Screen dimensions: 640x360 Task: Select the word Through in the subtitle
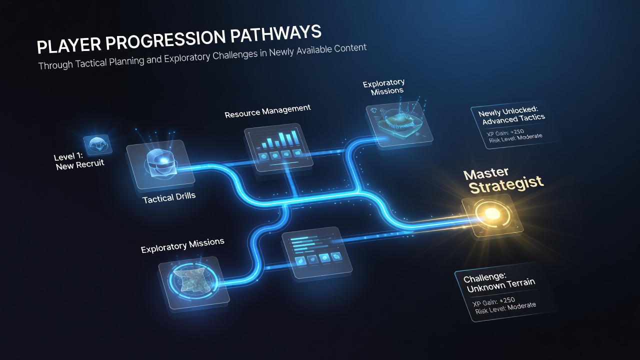(x=56, y=65)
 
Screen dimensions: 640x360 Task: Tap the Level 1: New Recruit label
(x=79, y=161)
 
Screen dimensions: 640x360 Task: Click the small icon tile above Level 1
(x=97, y=145)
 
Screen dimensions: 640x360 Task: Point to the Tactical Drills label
(x=169, y=197)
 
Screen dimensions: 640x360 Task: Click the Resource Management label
(x=267, y=111)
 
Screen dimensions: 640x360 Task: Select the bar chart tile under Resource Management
(x=278, y=147)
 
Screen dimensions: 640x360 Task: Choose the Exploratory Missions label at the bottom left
(x=182, y=245)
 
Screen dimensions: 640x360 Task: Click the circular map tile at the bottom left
(x=193, y=282)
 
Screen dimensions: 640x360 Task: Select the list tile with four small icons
(x=316, y=252)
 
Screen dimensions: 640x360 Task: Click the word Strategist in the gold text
(x=505, y=184)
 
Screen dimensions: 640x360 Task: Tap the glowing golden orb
(x=491, y=213)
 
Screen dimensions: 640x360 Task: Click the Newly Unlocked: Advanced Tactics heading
(x=511, y=115)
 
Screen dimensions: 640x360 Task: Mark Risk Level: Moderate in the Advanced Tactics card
(x=515, y=138)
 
